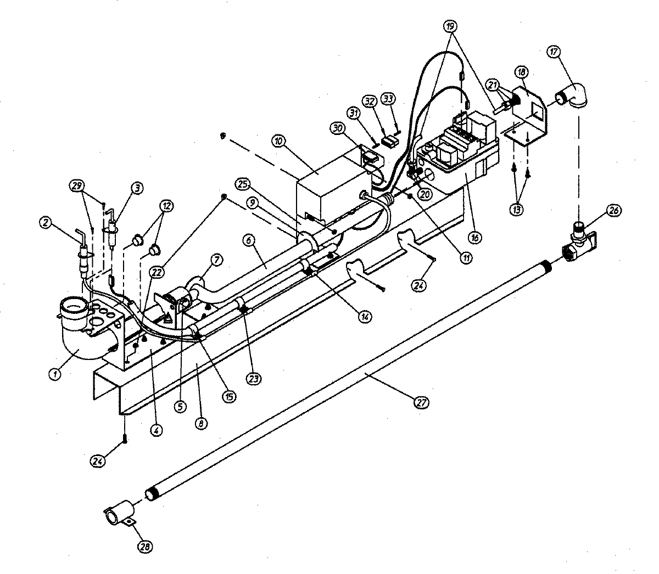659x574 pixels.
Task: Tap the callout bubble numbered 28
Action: (145, 547)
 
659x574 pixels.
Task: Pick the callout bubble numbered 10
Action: (279, 141)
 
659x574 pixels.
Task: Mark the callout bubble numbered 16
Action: (474, 237)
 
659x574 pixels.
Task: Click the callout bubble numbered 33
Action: (388, 99)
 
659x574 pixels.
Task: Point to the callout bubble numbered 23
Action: (254, 378)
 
